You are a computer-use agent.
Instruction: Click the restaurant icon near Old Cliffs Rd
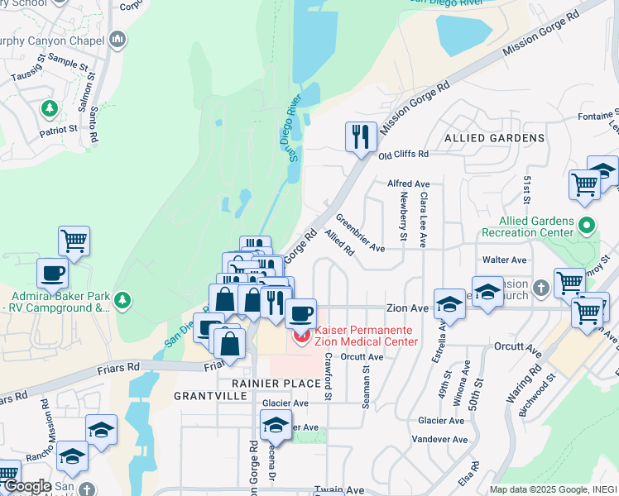(360, 136)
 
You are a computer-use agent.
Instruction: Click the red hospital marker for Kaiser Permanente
(300, 335)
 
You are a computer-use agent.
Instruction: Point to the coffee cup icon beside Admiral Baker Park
(53, 273)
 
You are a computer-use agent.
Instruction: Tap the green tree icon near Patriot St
(49, 108)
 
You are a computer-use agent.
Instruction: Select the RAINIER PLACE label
(276, 384)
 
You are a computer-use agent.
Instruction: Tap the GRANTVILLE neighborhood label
(210, 397)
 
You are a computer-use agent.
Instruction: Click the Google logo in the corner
(26, 486)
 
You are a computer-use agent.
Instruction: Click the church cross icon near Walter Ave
(540, 287)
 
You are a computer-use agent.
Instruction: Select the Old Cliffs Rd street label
(403, 155)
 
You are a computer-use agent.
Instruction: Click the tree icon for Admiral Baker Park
(122, 298)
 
